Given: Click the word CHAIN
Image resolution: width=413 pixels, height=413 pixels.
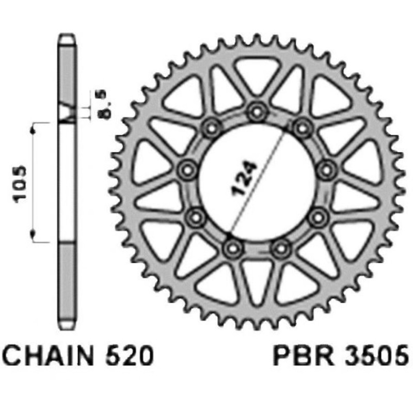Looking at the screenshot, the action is pyautogui.click(x=48, y=355).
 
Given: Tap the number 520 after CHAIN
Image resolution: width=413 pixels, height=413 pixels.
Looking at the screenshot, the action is pyautogui.click(x=130, y=355).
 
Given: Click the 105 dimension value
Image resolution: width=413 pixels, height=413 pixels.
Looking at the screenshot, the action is pyautogui.click(x=21, y=184).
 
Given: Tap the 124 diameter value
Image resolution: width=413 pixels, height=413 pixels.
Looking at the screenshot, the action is pyautogui.click(x=244, y=179).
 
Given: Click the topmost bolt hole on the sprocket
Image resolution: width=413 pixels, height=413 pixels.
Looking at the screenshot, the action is pyautogui.click(x=256, y=112).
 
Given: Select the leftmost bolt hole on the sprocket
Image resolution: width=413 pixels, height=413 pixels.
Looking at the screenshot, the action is pyautogui.click(x=187, y=170).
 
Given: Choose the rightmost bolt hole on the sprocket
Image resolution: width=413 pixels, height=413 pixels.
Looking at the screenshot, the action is pyautogui.click(x=326, y=170).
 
